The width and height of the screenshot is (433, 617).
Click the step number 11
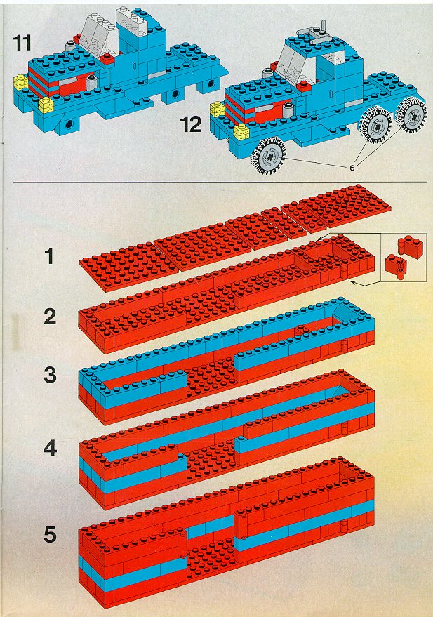point(22,43)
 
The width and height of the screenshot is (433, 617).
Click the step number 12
point(191,124)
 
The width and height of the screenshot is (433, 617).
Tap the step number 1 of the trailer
point(49,257)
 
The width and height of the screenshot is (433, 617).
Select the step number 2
point(50,317)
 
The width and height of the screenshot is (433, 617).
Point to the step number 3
point(50,375)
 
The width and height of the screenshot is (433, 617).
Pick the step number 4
point(50,449)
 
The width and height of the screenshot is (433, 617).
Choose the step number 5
point(50,535)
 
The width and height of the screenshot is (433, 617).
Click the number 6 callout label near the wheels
point(352,168)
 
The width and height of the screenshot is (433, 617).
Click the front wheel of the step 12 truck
point(269,157)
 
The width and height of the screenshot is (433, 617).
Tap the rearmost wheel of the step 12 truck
point(413,115)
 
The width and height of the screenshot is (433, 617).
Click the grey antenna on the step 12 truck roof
point(324,27)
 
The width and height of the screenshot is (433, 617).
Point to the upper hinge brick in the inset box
point(412,246)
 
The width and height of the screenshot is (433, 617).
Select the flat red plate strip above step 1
point(235,238)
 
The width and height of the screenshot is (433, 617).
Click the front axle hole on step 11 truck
point(69,125)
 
